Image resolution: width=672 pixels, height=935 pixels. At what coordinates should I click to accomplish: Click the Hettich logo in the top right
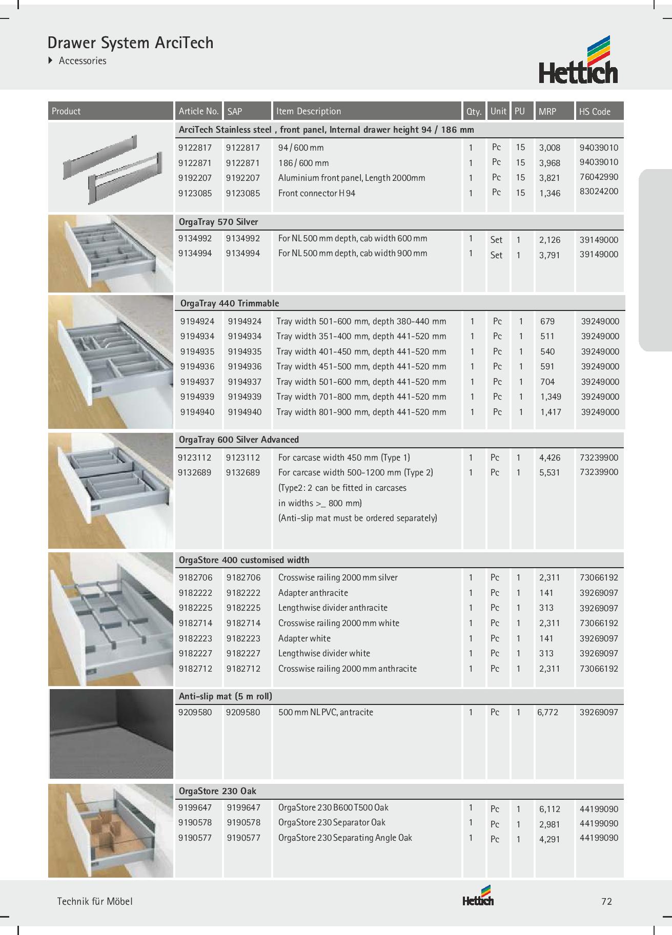pos(578,60)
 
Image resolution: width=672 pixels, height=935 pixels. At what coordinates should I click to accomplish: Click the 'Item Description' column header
pos(308,111)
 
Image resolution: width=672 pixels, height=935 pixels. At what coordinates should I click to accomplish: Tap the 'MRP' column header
pos(547,111)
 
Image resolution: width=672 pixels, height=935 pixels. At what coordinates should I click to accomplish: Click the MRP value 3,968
pos(549,163)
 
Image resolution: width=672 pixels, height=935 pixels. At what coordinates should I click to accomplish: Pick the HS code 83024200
pos(599,192)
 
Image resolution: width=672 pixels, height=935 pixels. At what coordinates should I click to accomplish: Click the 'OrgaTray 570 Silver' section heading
pos(218,222)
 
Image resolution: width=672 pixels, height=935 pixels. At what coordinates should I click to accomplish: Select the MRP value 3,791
pos(549,255)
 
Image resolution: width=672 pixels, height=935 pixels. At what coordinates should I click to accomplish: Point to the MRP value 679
pos(547,321)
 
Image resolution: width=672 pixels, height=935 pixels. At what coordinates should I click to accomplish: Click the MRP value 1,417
pos(551,412)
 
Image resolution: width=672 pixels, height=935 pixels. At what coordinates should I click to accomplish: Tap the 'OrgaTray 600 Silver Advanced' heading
pos(238,440)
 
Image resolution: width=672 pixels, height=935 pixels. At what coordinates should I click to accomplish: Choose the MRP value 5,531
pos(549,472)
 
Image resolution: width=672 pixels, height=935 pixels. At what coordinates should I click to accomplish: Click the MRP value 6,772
pos(547,712)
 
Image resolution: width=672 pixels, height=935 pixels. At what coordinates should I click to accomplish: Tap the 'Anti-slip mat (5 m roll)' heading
pos(225,697)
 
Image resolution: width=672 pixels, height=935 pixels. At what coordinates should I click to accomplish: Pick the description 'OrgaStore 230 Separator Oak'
pos(332,822)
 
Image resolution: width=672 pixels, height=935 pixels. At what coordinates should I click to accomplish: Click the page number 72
pos(606,902)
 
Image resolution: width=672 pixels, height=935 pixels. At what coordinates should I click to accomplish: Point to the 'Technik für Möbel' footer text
pos(94,902)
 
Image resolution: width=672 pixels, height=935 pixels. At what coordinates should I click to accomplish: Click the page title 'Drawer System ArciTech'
pos(130,43)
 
